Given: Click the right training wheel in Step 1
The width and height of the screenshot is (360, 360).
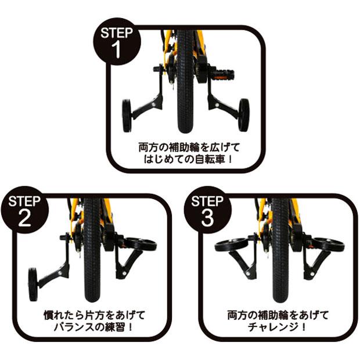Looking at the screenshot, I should [x=243, y=114].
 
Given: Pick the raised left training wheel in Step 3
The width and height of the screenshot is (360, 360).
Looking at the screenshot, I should [x=230, y=245].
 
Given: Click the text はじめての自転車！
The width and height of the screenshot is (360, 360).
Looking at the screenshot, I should [x=185, y=157].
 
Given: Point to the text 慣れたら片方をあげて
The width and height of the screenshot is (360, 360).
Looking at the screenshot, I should [x=93, y=315].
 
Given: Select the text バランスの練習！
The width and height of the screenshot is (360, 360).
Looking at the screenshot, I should [x=93, y=327].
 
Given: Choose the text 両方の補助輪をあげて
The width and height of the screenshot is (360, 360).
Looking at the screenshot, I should [x=278, y=315].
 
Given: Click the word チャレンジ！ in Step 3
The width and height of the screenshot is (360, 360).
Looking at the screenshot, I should [x=278, y=327].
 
